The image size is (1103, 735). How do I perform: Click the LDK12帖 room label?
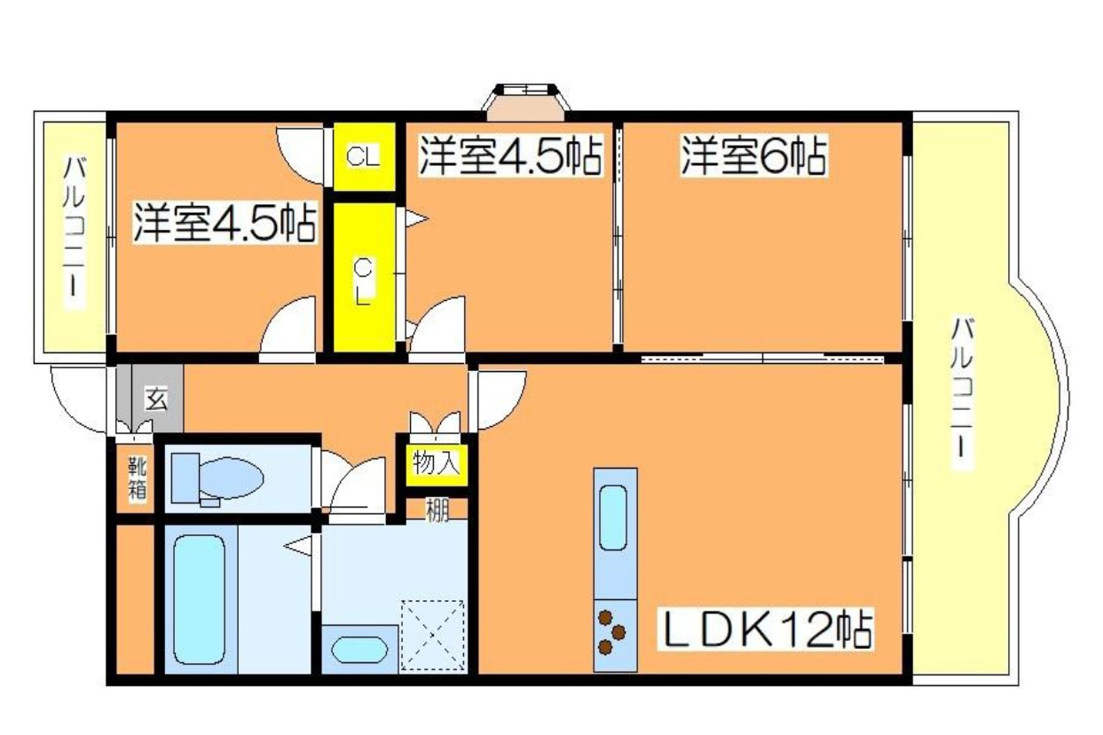tap(765, 630)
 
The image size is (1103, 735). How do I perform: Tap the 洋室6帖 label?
tap(753, 156)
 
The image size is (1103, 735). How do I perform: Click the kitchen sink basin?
tap(615, 518)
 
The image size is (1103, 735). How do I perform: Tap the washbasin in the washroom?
tap(360, 649)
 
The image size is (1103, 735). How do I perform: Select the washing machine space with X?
tap(432, 634)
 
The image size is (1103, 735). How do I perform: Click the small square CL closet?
tap(364, 158)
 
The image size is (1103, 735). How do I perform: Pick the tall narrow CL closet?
tap(364, 279)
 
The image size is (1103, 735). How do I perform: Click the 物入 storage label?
tap(435, 462)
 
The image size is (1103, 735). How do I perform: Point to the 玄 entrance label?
tap(157, 399)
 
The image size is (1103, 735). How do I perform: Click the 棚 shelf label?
tap(436, 510)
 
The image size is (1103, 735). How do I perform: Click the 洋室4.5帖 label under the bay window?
tap(509, 156)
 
